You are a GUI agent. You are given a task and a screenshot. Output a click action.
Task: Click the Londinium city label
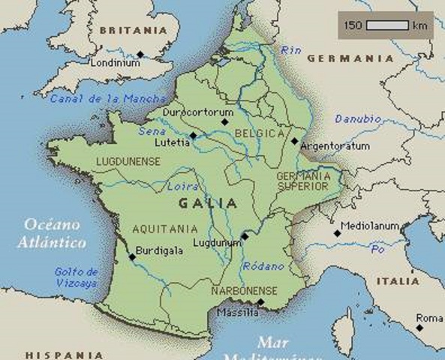[x=116, y=64]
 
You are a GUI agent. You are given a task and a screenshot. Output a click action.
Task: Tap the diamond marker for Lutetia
[x=194, y=135]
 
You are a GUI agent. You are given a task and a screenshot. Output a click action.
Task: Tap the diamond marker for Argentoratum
[x=295, y=139]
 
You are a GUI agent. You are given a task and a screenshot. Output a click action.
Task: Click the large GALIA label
[x=208, y=202]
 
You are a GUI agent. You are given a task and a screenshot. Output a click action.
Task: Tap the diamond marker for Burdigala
[x=132, y=256]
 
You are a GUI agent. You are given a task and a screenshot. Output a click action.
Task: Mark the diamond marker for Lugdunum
[x=245, y=236]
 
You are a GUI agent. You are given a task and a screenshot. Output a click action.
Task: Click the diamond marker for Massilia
[x=260, y=301]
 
